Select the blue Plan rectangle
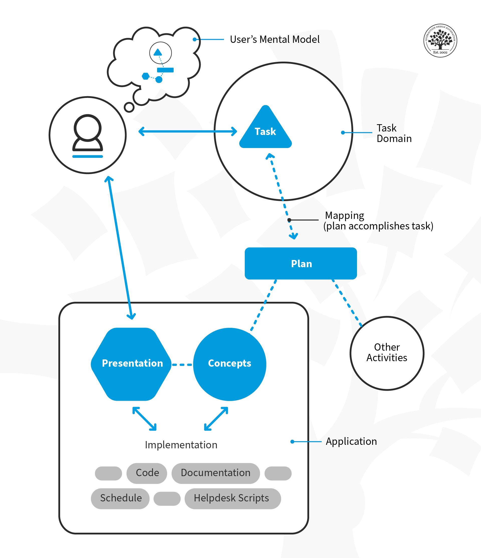click(x=301, y=263)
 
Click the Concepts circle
click(x=229, y=364)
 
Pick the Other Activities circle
click(x=387, y=353)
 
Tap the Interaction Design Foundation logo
click(x=440, y=40)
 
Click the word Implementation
click(x=181, y=445)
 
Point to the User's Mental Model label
click(x=274, y=39)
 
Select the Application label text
click(x=351, y=441)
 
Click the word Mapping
click(x=344, y=215)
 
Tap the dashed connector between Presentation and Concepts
click(x=182, y=365)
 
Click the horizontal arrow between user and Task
click(x=188, y=131)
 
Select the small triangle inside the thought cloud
click(x=158, y=52)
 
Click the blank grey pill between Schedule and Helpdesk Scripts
click(x=167, y=498)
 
